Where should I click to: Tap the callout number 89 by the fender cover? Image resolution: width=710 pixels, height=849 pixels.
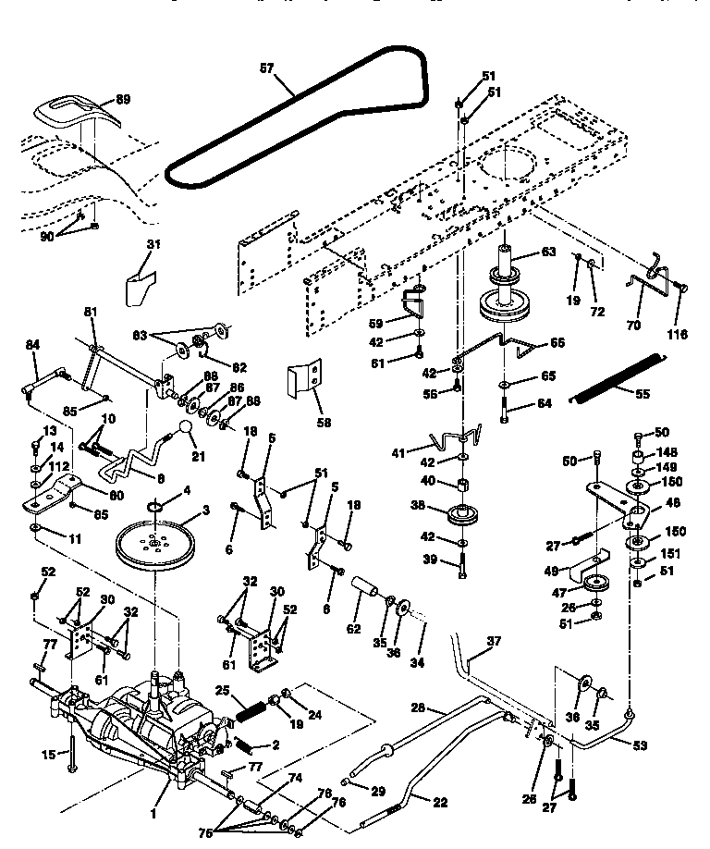(122, 99)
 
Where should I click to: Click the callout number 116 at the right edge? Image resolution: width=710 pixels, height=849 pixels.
(679, 334)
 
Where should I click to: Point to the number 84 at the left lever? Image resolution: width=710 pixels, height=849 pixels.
(32, 345)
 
